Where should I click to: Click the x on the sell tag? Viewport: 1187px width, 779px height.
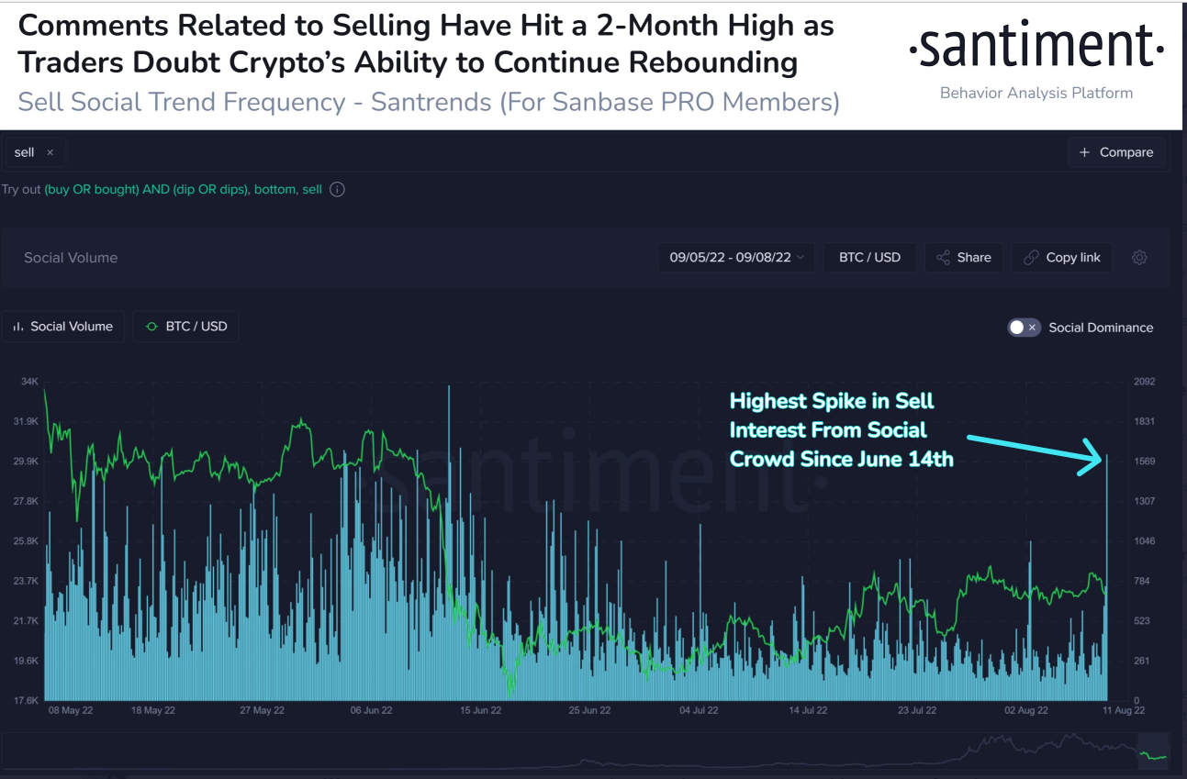(50, 152)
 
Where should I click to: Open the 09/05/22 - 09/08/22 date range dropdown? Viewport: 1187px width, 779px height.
(736, 258)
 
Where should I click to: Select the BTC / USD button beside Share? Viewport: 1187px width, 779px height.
(868, 258)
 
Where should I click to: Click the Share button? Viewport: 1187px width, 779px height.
(963, 258)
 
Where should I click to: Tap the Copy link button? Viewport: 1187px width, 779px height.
(1061, 258)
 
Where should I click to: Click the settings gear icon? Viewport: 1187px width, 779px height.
(1139, 258)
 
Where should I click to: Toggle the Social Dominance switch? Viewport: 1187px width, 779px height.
(1024, 328)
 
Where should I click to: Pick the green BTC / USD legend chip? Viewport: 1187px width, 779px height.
(186, 327)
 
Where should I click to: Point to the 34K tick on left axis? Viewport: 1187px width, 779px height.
(29, 382)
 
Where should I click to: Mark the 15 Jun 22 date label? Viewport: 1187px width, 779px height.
(479, 710)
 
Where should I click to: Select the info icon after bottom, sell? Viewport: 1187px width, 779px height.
(337, 190)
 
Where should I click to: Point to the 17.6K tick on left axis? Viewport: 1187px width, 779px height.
(26, 700)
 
